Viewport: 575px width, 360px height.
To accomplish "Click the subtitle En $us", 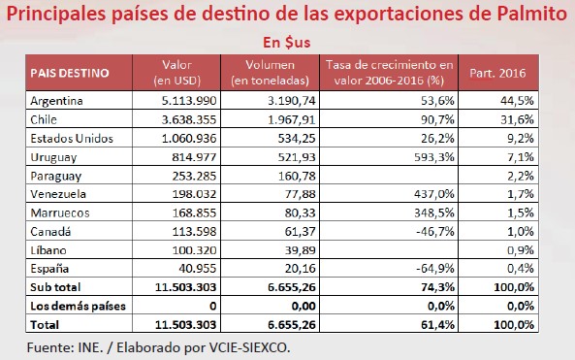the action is click(287, 43).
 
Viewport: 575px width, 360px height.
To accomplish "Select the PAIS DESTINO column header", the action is click(70, 73).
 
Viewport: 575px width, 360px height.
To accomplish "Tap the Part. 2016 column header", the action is click(497, 73).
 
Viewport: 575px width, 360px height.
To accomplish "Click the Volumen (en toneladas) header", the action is click(270, 73).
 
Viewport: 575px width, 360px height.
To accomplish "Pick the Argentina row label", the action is click(56, 101).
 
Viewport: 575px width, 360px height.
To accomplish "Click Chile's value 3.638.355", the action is click(189, 119).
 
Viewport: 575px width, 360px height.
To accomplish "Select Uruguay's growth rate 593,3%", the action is click(434, 157).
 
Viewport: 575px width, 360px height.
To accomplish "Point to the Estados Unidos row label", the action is click(72, 139).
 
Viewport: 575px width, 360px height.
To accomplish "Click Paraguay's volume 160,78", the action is click(297, 177).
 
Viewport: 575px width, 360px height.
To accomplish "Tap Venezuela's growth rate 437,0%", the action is click(434, 194).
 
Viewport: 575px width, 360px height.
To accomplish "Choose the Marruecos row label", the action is click(60, 213).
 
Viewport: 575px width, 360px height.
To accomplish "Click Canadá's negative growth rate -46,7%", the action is click(435, 232).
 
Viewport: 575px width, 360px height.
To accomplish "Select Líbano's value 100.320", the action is click(194, 250).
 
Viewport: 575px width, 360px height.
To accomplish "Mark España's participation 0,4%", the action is click(521, 269).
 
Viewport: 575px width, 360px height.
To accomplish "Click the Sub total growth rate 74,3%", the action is click(438, 287).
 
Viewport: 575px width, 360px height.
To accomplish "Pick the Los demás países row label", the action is click(79, 306).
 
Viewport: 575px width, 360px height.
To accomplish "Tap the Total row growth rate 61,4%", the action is click(438, 325).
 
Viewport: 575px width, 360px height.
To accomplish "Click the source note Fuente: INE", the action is click(65, 347).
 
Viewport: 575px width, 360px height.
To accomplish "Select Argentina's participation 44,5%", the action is click(517, 101).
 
